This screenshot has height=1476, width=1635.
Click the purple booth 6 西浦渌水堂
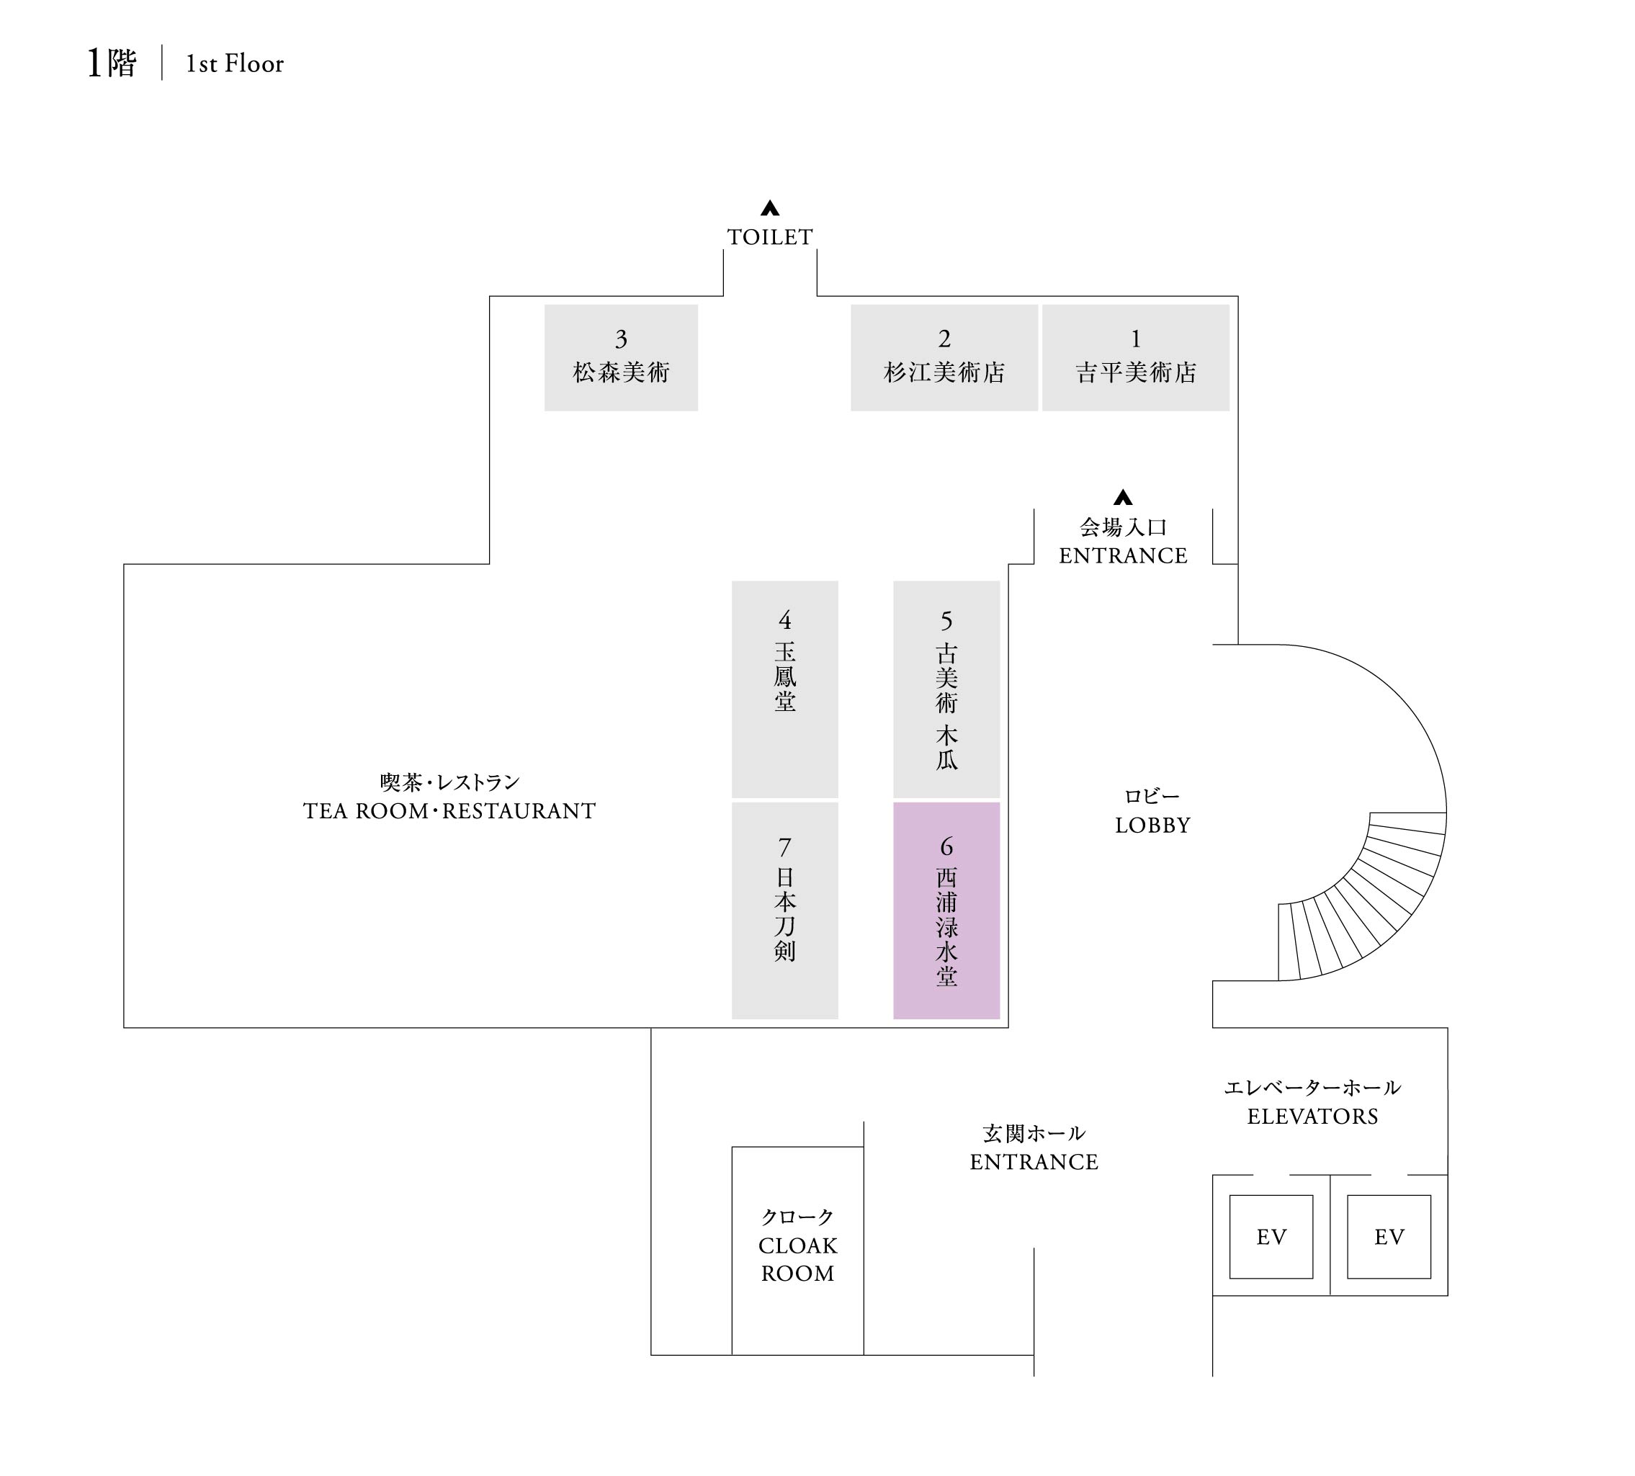click(946, 910)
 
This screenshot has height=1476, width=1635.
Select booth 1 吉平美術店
click(1135, 357)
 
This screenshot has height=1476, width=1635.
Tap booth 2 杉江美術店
click(944, 357)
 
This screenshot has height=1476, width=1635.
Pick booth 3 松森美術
click(620, 357)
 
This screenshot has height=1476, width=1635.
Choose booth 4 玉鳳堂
click(784, 689)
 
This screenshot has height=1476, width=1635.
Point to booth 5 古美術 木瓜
click(946, 689)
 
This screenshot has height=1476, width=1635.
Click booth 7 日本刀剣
click(784, 910)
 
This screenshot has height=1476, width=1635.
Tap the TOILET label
click(770, 237)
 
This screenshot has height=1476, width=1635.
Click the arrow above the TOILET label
click(770, 208)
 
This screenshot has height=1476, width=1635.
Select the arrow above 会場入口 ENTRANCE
click(1122, 497)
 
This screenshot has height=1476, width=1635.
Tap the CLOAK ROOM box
click(797, 1250)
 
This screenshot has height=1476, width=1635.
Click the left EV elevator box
click(1271, 1237)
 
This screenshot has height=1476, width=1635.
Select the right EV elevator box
click(1389, 1237)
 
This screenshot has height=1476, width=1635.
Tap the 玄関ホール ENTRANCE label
click(1034, 1148)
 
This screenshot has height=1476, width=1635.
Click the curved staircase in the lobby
click(1371, 900)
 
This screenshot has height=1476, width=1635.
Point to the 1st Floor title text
click(234, 64)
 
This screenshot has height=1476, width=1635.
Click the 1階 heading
click(112, 63)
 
